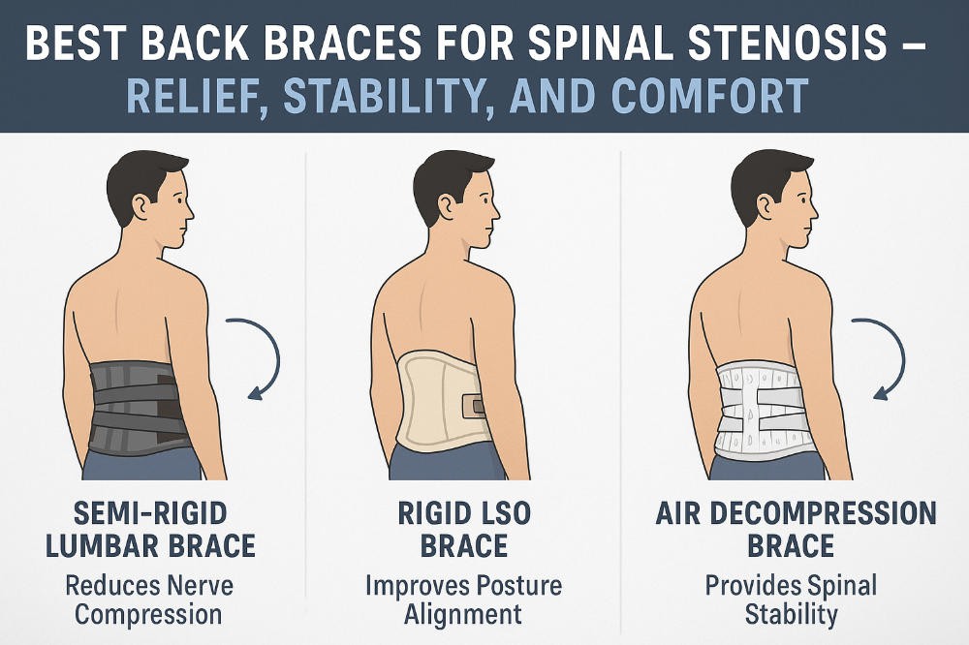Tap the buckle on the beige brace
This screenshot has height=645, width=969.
(x=474, y=404)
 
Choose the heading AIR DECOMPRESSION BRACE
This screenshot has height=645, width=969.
(x=790, y=528)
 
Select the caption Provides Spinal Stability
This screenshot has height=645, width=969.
(x=790, y=599)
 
